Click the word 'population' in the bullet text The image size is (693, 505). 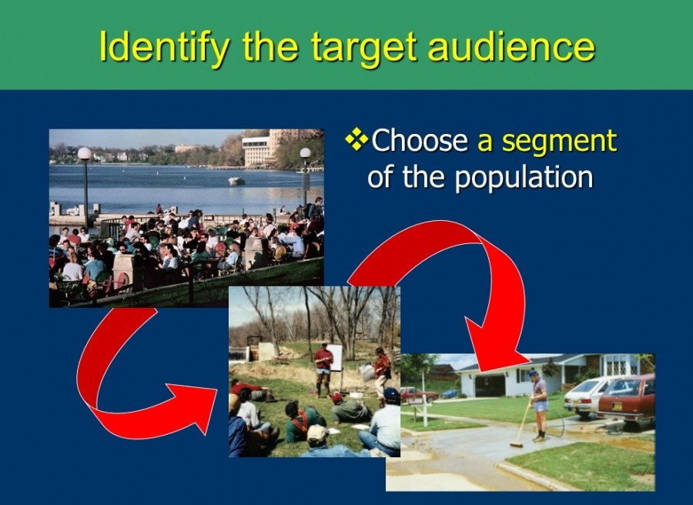523,177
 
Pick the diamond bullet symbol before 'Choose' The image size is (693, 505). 357,140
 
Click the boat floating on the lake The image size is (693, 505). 236,181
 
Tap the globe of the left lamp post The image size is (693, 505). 85,154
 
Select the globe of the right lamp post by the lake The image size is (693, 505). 305,153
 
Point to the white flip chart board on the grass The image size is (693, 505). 334,357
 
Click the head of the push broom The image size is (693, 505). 517,444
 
